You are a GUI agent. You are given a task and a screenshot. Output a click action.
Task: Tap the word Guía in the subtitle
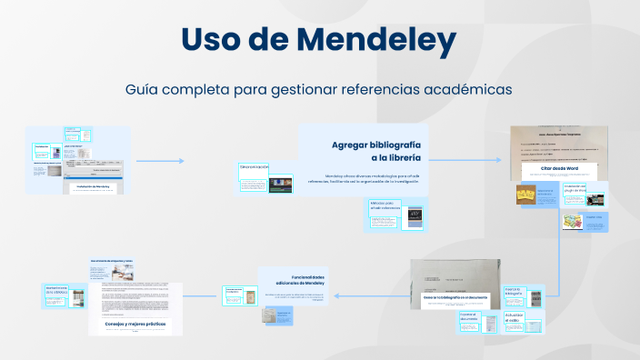pos(145,90)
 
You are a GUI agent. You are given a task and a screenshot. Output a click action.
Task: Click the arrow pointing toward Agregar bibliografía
pos(162,161)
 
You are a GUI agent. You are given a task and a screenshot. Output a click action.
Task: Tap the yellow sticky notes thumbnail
pos(525,195)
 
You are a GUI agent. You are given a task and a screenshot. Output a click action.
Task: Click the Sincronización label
pos(254,167)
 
